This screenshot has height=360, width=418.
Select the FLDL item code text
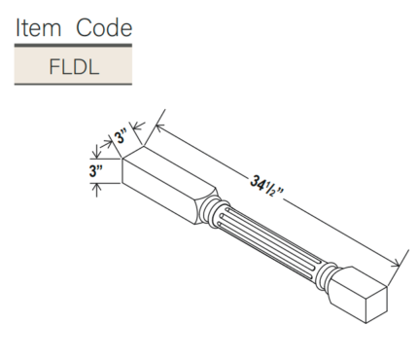[73, 67]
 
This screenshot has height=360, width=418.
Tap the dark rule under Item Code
[73, 45]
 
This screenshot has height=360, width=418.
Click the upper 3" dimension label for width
[121, 138]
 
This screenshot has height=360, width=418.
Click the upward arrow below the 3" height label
[97, 186]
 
